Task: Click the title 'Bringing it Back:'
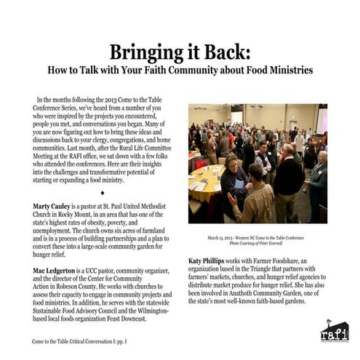click(x=180, y=52)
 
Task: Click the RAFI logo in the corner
click(x=334, y=331)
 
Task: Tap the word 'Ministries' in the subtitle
click(x=284, y=71)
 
